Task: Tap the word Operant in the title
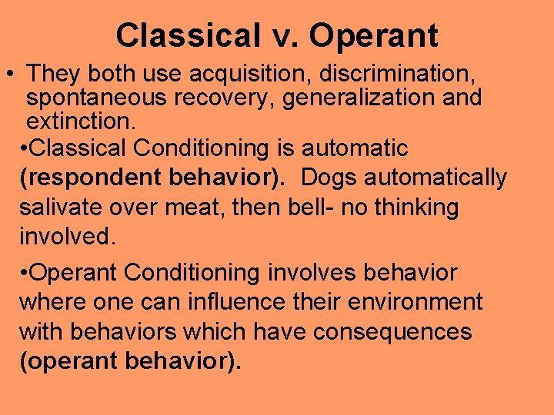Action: (x=377, y=35)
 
